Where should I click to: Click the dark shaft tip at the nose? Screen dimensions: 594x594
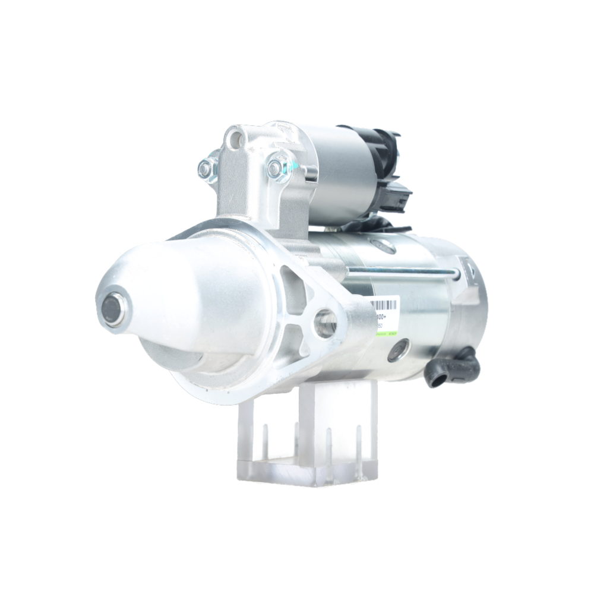pos(112,308)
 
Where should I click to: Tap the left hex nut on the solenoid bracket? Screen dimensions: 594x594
pos(205,170)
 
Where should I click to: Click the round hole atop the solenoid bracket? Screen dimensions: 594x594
pos(236,140)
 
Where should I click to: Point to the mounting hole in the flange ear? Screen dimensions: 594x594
pos(326,323)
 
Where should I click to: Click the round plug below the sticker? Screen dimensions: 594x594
pos(399,351)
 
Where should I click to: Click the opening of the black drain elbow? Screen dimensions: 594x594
pos(435,380)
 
